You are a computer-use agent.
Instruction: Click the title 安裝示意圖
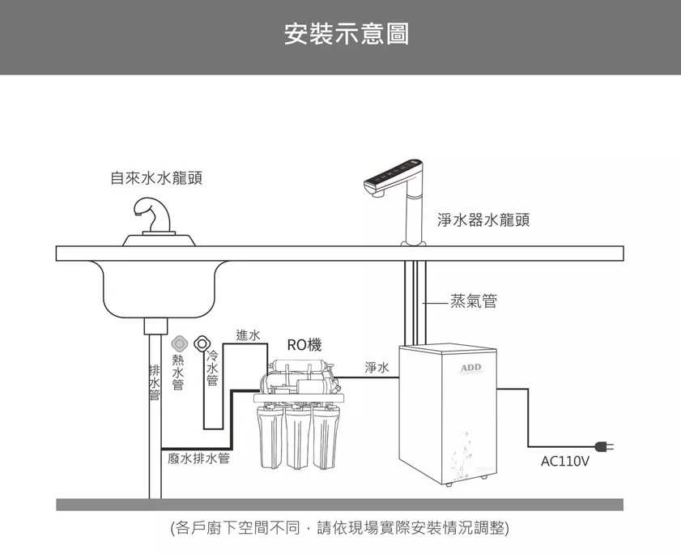[347, 35]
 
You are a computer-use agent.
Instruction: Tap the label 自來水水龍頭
[156, 178]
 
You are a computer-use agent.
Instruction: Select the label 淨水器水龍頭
[483, 219]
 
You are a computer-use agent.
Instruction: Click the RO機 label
[304, 345]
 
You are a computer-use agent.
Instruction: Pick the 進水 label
[248, 335]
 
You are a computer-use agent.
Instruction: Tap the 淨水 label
[377, 369]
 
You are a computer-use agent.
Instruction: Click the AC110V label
[564, 462]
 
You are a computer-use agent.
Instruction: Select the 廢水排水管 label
[198, 459]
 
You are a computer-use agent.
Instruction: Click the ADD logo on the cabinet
[470, 369]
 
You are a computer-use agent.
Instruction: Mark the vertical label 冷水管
[212, 368]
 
